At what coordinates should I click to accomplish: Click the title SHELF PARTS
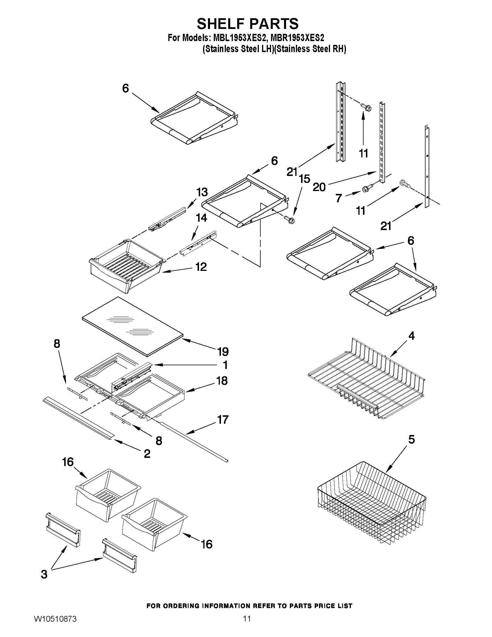[248, 24]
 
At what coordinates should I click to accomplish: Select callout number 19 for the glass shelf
[223, 351]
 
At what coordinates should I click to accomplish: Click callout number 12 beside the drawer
[201, 267]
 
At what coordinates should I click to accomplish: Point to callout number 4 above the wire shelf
[411, 336]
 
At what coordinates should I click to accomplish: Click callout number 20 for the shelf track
[319, 187]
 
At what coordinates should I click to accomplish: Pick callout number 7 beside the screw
[338, 198]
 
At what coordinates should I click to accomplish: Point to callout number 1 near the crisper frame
[225, 365]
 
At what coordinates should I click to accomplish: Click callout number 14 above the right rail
[202, 218]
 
